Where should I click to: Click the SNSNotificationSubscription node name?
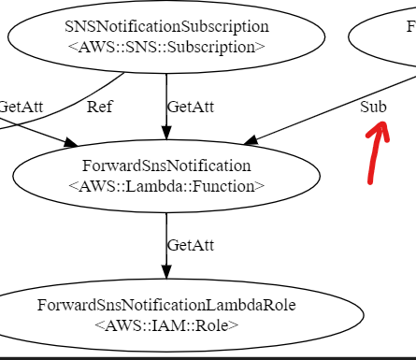click(166, 26)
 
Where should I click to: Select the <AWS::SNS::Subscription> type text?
click(166, 46)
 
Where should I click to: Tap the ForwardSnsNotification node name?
click(166, 166)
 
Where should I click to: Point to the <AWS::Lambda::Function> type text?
click(166, 185)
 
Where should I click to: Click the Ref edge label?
click(99, 106)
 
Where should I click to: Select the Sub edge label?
click(373, 106)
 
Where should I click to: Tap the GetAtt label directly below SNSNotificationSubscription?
click(190, 106)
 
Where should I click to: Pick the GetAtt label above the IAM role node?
click(190, 245)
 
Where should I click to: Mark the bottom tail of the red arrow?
click(371, 181)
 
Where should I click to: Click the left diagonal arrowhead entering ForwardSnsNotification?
click(71, 143)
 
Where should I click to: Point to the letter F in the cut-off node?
click(411, 26)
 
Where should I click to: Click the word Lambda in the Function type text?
click(167, 185)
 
